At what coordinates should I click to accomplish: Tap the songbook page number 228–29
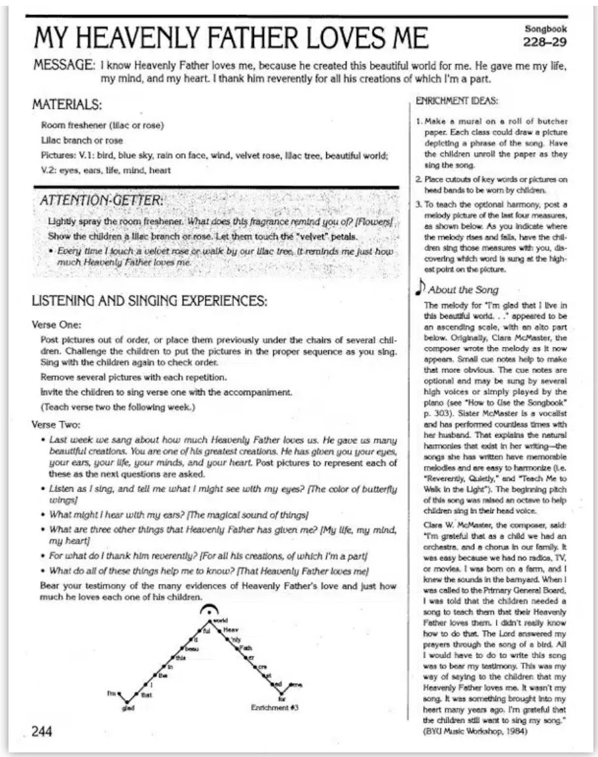tap(545, 43)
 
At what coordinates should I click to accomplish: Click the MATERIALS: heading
tap(67, 104)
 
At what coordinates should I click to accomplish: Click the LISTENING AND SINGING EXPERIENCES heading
tap(149, 302)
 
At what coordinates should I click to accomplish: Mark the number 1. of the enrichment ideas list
tap(419, 122)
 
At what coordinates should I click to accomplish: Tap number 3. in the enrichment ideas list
tap(419, 205)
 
